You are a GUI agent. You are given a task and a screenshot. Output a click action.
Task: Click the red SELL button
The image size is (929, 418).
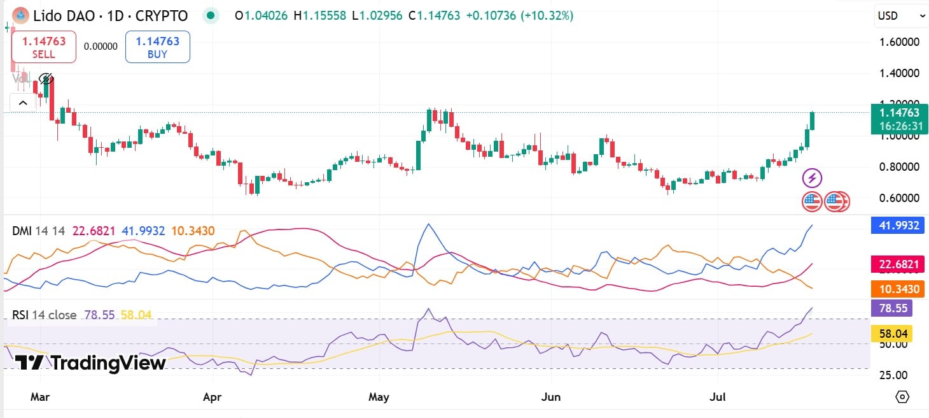point(44,47)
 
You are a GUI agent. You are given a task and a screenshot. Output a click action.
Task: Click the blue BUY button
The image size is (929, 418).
point(157,47)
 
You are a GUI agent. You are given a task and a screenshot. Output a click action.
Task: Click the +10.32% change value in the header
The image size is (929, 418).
point(547,15)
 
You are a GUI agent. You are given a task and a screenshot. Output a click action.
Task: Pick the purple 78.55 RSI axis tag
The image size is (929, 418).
point(891,308)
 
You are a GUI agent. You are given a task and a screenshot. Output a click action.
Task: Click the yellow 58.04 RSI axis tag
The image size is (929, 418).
point(891,333)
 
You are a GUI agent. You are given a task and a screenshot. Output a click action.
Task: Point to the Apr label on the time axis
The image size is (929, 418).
point(212,397)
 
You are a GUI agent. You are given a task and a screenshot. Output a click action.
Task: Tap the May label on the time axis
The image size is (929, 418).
point(379,397)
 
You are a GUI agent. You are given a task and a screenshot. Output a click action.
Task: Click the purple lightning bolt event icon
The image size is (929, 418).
point(812,178)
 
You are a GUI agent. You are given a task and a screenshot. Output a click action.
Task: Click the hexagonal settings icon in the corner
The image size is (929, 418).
point(902,397)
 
